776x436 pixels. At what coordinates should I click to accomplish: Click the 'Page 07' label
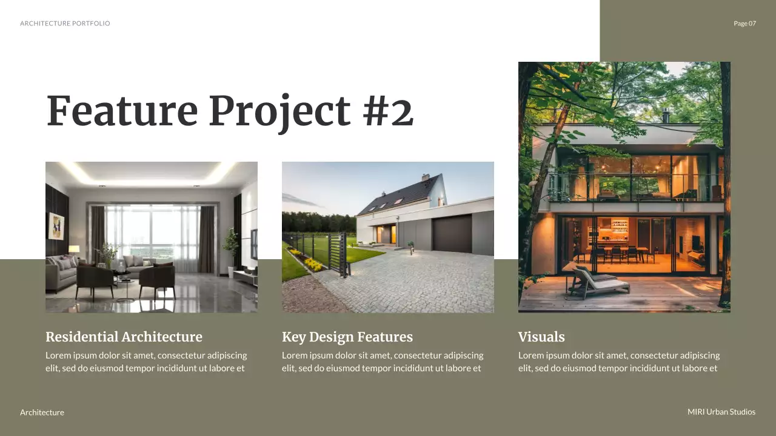(x=744, y=24)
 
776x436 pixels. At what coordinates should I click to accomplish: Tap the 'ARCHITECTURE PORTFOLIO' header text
(x=65, y=24)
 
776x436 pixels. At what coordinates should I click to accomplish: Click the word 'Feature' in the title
(x=122, y=111)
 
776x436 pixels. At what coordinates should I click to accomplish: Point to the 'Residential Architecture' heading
(x=124, y=337)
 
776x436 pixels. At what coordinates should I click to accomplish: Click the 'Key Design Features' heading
(x=347, y=337)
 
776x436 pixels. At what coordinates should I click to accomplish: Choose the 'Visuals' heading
(x=541, y=337)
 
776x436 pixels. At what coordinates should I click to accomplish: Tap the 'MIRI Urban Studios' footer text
(x=721, y=412)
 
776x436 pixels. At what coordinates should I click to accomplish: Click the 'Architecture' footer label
(x=42, y=412)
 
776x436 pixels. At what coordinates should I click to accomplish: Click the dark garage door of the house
(x=452, y=234)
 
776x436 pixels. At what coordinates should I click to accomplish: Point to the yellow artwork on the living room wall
(x=56, y=226)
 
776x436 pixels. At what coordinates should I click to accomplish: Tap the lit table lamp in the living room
(x=74, y=249)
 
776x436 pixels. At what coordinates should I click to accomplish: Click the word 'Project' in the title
(x=279, y=111)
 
